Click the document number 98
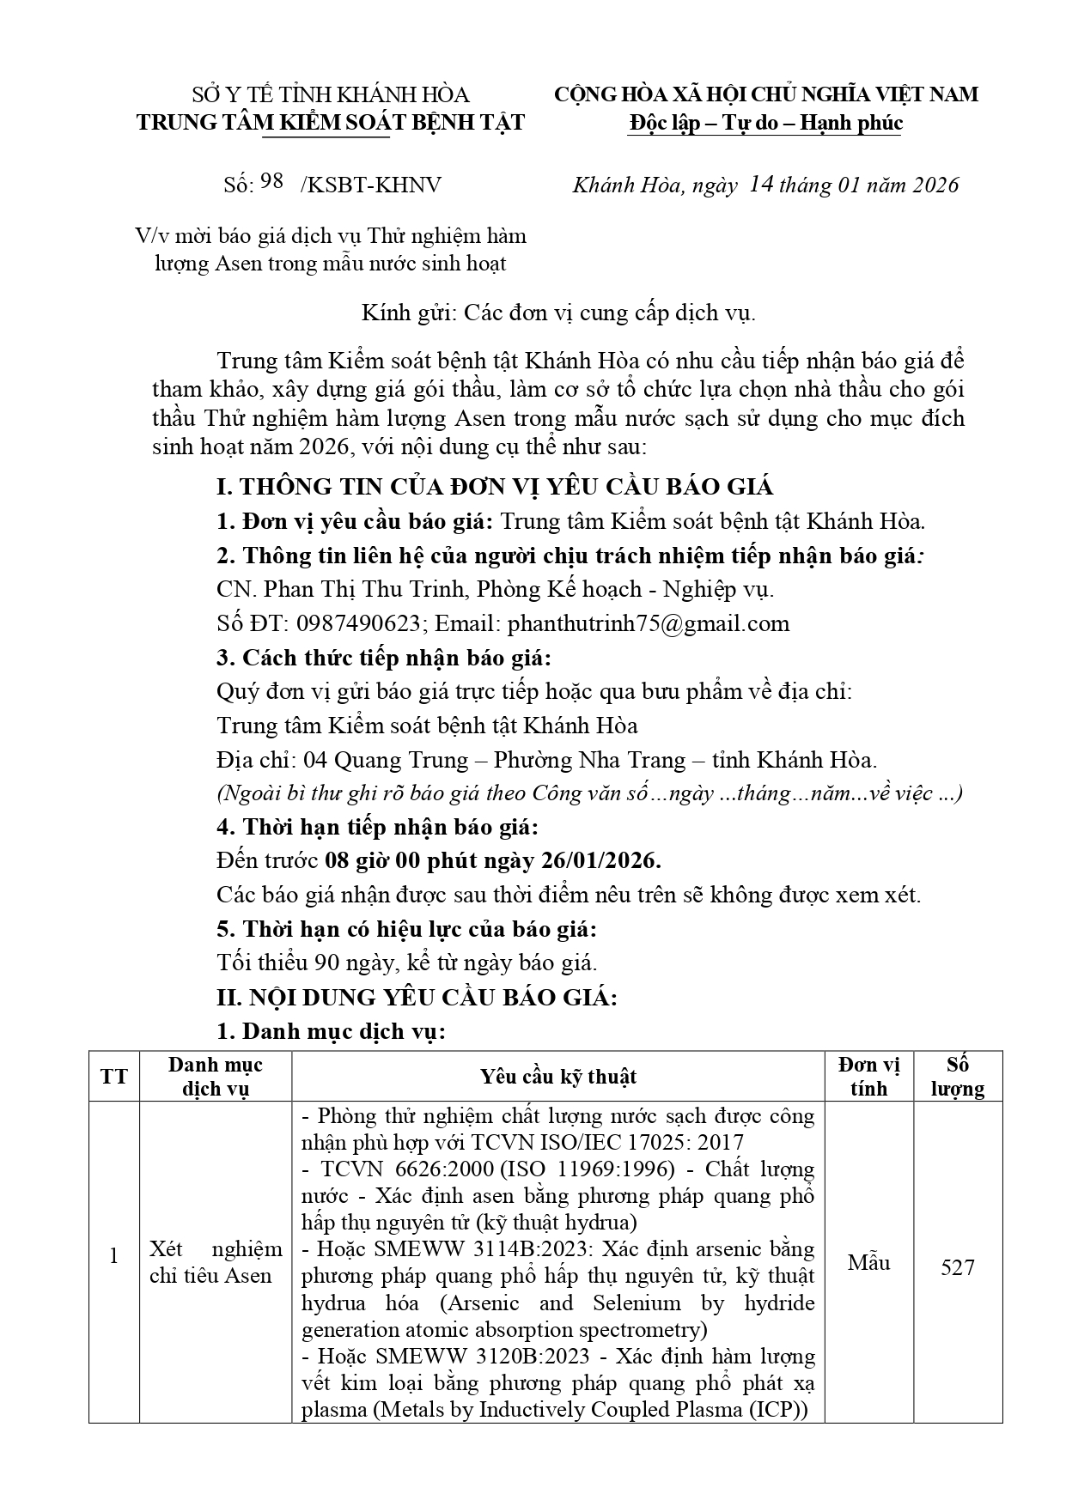tap(271, 181)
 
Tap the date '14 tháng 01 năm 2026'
tap(854, 185)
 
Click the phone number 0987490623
tap(362, 623)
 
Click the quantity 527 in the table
tap(958, 1267)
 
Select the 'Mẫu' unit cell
tap(868, 1262)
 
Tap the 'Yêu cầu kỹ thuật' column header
tap(558, 1077)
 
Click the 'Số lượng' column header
tap(958, 1077)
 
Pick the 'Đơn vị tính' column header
tap(868, 1077)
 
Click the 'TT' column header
tap(114, 1077)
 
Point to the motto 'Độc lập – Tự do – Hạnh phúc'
tap(765, 123)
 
